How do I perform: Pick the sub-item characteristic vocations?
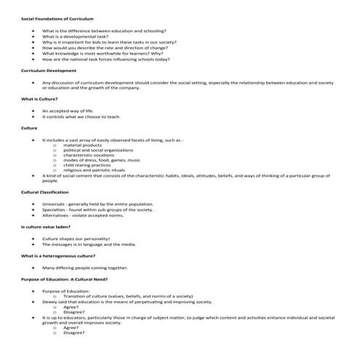[90, 155]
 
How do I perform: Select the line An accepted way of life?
[68, 111]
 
